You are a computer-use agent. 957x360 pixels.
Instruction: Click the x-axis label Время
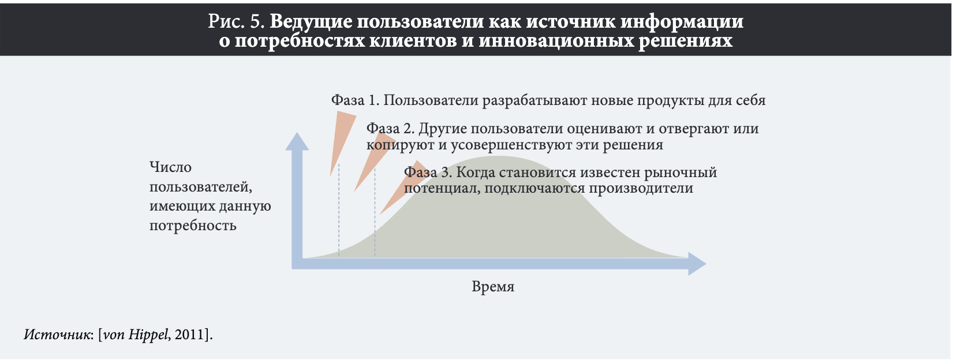click(492, 287)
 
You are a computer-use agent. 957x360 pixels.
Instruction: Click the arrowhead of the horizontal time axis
click(697, 264)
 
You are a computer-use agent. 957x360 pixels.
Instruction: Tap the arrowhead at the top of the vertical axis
click(297, 141)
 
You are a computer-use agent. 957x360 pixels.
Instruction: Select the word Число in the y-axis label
click(170, 167)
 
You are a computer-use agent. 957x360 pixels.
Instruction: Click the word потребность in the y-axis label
click(193, 226)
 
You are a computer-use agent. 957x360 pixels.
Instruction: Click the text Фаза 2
click(391, 129)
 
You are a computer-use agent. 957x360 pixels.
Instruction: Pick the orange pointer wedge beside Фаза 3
click(403, 188)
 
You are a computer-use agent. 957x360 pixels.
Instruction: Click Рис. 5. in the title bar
click(237, 21)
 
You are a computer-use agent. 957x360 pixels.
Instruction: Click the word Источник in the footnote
click(57, 335)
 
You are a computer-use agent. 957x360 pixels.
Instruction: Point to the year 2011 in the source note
click(189, 335)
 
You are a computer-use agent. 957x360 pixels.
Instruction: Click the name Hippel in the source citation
click(148, 335)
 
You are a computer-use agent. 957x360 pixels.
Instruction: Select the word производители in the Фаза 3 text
click(641, 188)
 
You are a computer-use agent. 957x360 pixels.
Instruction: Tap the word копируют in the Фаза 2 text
click(401, 145)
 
